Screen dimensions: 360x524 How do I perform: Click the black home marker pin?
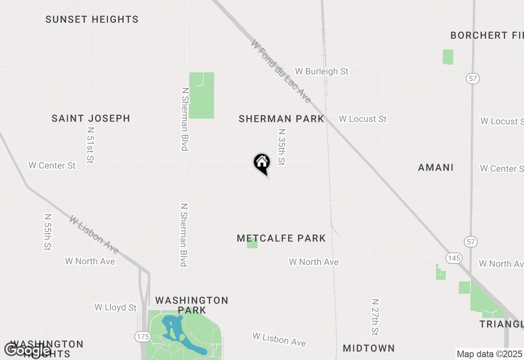click(x=262, y=163)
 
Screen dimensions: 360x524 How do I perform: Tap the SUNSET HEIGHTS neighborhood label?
click(x=92, y=20)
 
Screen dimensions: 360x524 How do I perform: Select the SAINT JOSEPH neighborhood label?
click(x=91, y=119)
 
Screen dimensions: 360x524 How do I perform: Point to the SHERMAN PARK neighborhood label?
click(x=281, y=119)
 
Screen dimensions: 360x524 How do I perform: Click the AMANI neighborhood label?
click(x=436, y=167)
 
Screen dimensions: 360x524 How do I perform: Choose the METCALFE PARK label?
click(x=281, y=238)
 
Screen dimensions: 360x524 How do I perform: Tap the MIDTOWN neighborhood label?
click(x=369, y=348)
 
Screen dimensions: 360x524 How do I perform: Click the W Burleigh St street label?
click(x=322, y=71)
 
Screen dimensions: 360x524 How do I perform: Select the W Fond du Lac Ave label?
click(x=281, y=71)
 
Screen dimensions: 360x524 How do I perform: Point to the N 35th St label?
click(x=281, y=147)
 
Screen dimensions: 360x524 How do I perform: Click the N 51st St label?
click(x=90, y=145)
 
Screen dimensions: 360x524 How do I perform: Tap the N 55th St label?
click(x=48, y=232)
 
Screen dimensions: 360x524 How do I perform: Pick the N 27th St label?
click(x=375, y=317)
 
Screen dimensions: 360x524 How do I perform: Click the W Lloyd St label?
click(x=115, y=307)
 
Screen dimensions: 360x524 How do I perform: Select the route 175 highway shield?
click(x=142, y=337)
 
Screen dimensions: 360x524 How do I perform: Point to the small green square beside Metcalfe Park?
click(x=252, y=244)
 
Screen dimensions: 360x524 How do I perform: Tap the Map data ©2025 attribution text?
click(x=489, y=354)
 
